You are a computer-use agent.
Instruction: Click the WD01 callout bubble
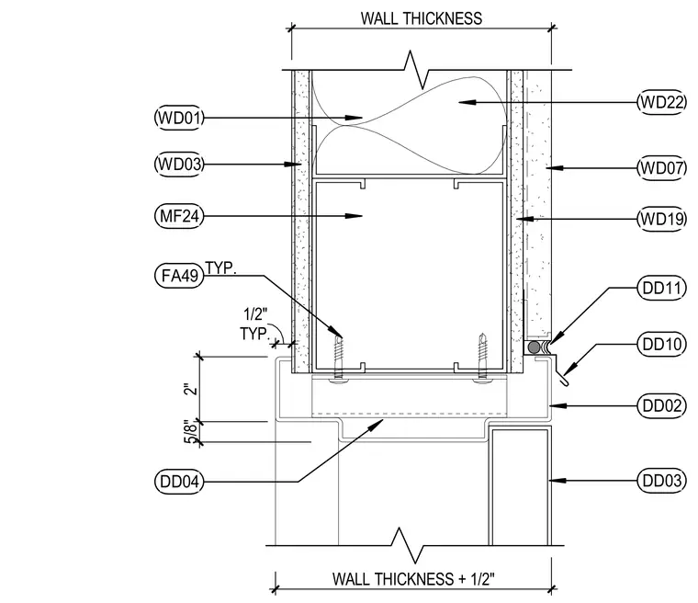pyautogui.click(x=179, y=118)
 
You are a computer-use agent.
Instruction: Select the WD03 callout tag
pyautogui.click(x=179, y=164)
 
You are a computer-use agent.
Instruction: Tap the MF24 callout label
pyautogui.click(x=179, y=216)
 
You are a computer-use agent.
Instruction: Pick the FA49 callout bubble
pyautogui.click(x=179, y=276)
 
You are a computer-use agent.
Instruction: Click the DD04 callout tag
pyautogui.click(x=179, y=482)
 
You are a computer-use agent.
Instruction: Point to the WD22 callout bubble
pyautogui.click(x=662, y=102)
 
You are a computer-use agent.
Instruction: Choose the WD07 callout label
pyautogui.click(x=662, y=168)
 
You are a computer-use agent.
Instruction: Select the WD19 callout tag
pyautogui.click(x=662, y=220)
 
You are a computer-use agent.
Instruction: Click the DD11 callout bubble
pyautogui.click(x=662, y=288)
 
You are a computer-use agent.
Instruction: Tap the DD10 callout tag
pyautogui.click(x=662, y=344)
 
